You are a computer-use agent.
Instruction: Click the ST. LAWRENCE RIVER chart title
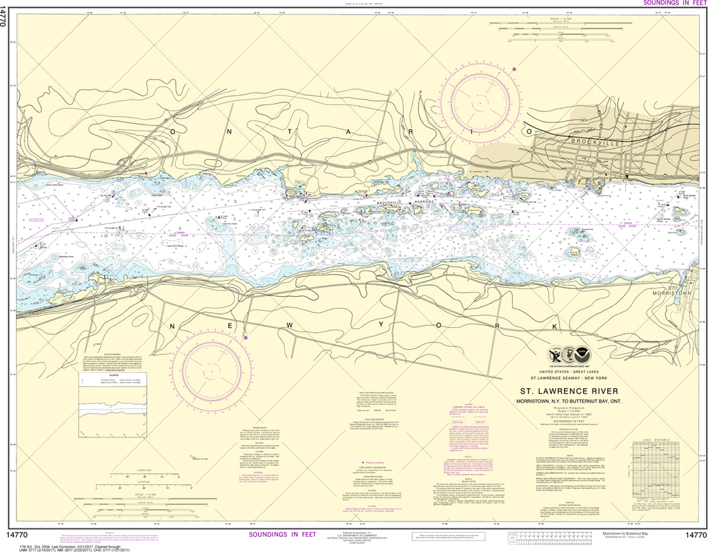[x=579, y=391]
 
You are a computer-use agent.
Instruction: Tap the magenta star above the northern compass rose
[x=514, y=68]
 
